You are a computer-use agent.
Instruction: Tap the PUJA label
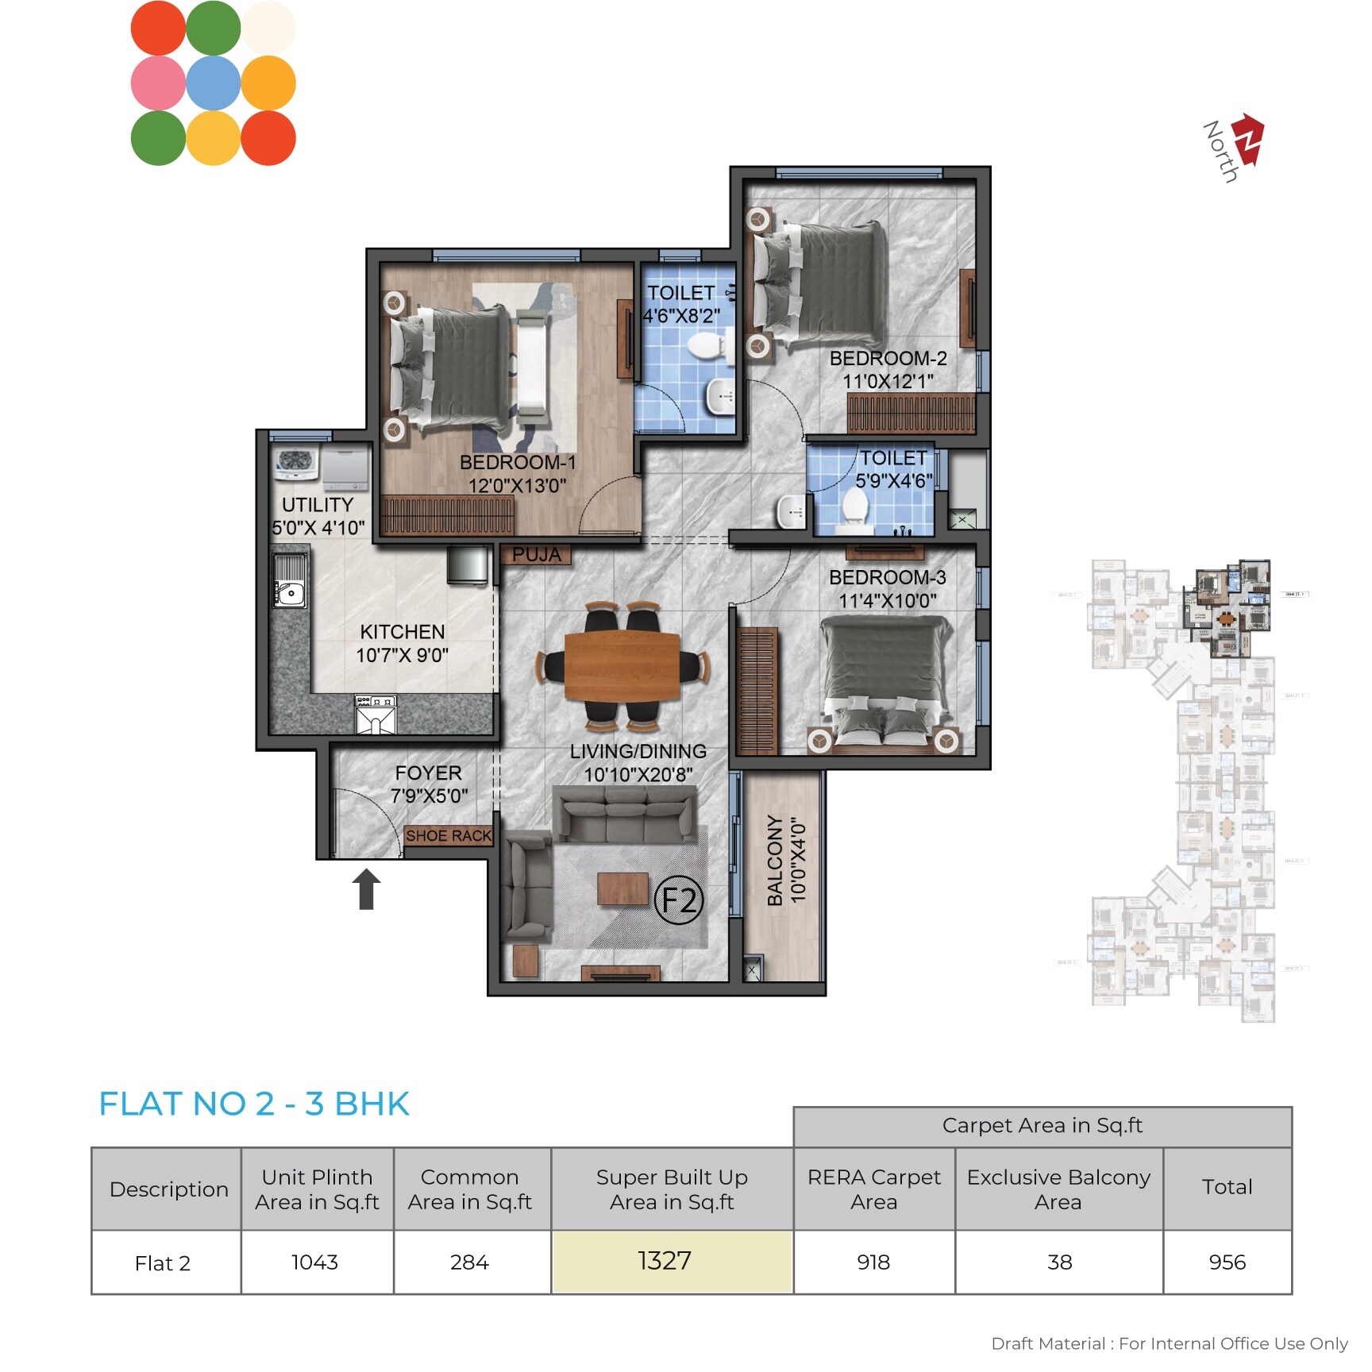pos(536,554)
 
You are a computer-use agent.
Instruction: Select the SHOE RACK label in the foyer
pos(449,835)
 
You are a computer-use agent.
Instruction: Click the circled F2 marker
pos(679,900)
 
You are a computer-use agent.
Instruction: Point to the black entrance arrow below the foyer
pos(366,888)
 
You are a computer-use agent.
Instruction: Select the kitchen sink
pos(290,581)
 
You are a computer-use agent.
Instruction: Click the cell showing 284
pos(470,1262)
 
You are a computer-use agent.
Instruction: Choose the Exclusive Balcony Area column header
pos(1058,1189)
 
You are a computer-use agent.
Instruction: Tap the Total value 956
pos(1227,1262)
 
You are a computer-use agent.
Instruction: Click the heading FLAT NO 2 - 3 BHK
pos(254,1104)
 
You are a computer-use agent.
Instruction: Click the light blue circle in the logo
pos(214,83)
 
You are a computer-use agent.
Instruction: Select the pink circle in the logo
pos(158,83)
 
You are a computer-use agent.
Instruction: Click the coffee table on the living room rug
pos(622,888)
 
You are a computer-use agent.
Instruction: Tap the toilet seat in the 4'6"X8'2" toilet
pos(705,345)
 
